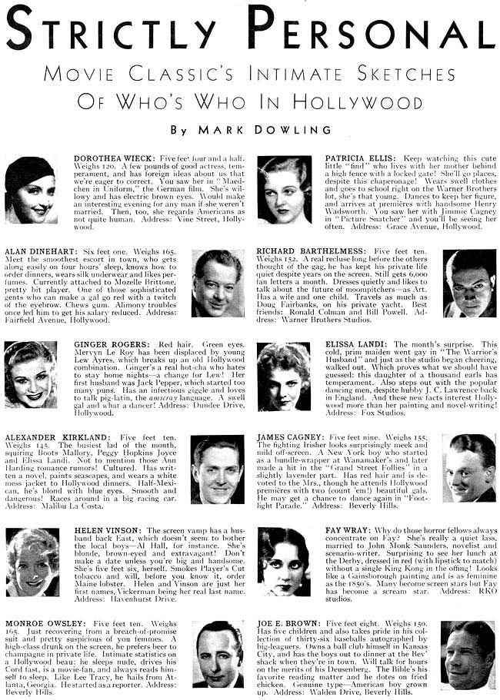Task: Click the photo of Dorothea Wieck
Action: (x=31, y=189)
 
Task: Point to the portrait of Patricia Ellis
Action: (x=284, y=189)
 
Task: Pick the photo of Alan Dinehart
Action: (x=218, y=284)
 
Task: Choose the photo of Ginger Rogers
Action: (x=31, y=374)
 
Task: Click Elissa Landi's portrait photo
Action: (x=284, y=376)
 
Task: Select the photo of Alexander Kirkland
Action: (x=218, y=469)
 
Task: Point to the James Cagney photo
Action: (x=469, y=468)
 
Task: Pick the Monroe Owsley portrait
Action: (x=218, y=655)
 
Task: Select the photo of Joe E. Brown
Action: (x=468, y=655)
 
